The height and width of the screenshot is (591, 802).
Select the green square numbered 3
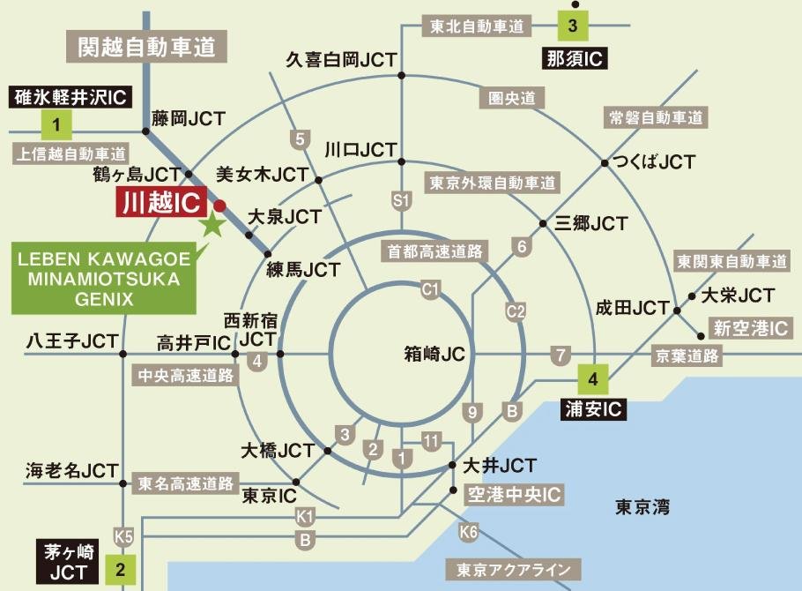pos(572,25)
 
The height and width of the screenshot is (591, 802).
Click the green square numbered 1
pos(56,124)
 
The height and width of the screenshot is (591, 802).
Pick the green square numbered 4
pos(593,380)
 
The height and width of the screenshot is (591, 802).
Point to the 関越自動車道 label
pos(146,47)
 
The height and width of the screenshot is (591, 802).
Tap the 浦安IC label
pos(593,409)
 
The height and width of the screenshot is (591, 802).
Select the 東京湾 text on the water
pos(642,506)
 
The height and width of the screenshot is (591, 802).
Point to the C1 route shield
pos(430,288)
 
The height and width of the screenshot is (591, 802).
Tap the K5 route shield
pos(123,535)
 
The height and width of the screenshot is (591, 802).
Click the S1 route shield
pos(402,200)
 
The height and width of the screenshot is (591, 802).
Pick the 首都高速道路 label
pos(432,251)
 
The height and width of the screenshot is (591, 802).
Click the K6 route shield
pos(469,532)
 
